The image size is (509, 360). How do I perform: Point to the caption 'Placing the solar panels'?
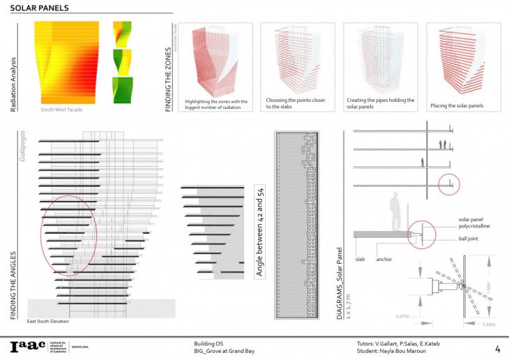[454, 106]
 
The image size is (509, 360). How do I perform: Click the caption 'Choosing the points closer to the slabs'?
[296, 103]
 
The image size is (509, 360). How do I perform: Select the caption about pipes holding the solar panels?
[380, 103]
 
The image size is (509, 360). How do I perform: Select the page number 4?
[497, 347]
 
